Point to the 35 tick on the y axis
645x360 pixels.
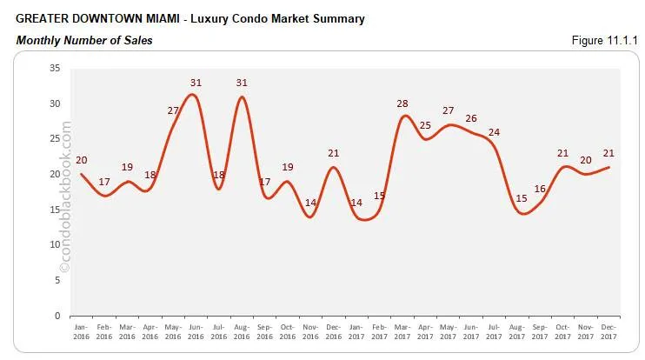click(x=55, y=68)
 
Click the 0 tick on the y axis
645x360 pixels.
click(x=57, y=316)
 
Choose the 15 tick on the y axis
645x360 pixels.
click(x=55, y=210)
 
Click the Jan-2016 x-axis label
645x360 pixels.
click(x=81, y=330)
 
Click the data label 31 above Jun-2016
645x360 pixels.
click(x=196, y=83)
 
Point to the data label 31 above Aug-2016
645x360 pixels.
click(x=243, y=83)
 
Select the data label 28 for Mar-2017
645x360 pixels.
click(x=402, y=104)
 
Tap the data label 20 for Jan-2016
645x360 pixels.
click(x=81, y=160)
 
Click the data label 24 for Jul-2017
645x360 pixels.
click(x=494, y=132)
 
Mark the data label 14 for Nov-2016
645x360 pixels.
click(x=310, y=203)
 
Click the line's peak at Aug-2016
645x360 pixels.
click(x=242, y=97)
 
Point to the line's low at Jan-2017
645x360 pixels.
click(x=363, y=219)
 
